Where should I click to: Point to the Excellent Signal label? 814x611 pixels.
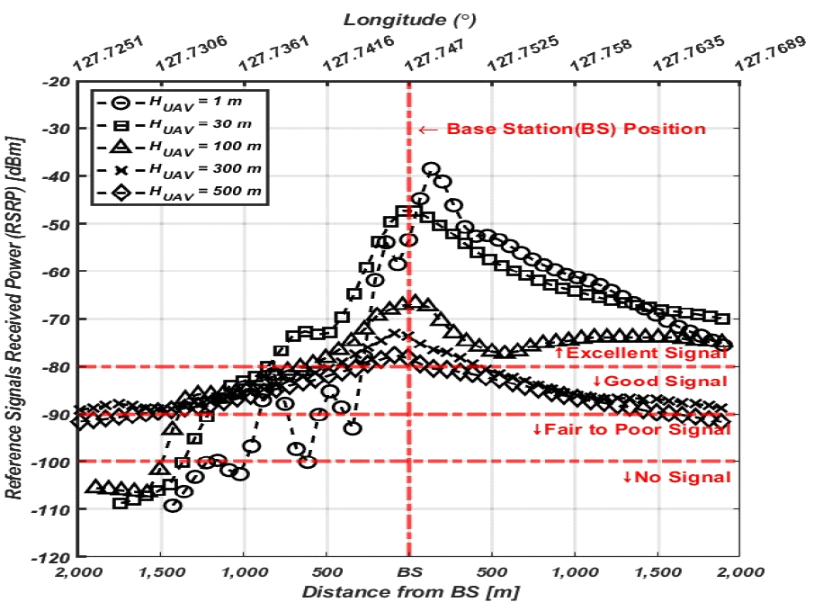click(x=640, y=354)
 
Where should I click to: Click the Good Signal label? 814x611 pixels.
click(x=660, y=382)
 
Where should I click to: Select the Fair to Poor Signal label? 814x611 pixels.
click(x=631, y=429)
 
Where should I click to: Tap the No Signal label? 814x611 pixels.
click(x=676, y=477)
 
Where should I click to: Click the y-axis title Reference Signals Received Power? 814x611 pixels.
click(x=18, y=319)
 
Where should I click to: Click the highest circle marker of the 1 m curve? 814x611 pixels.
click(x=431, y=169)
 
